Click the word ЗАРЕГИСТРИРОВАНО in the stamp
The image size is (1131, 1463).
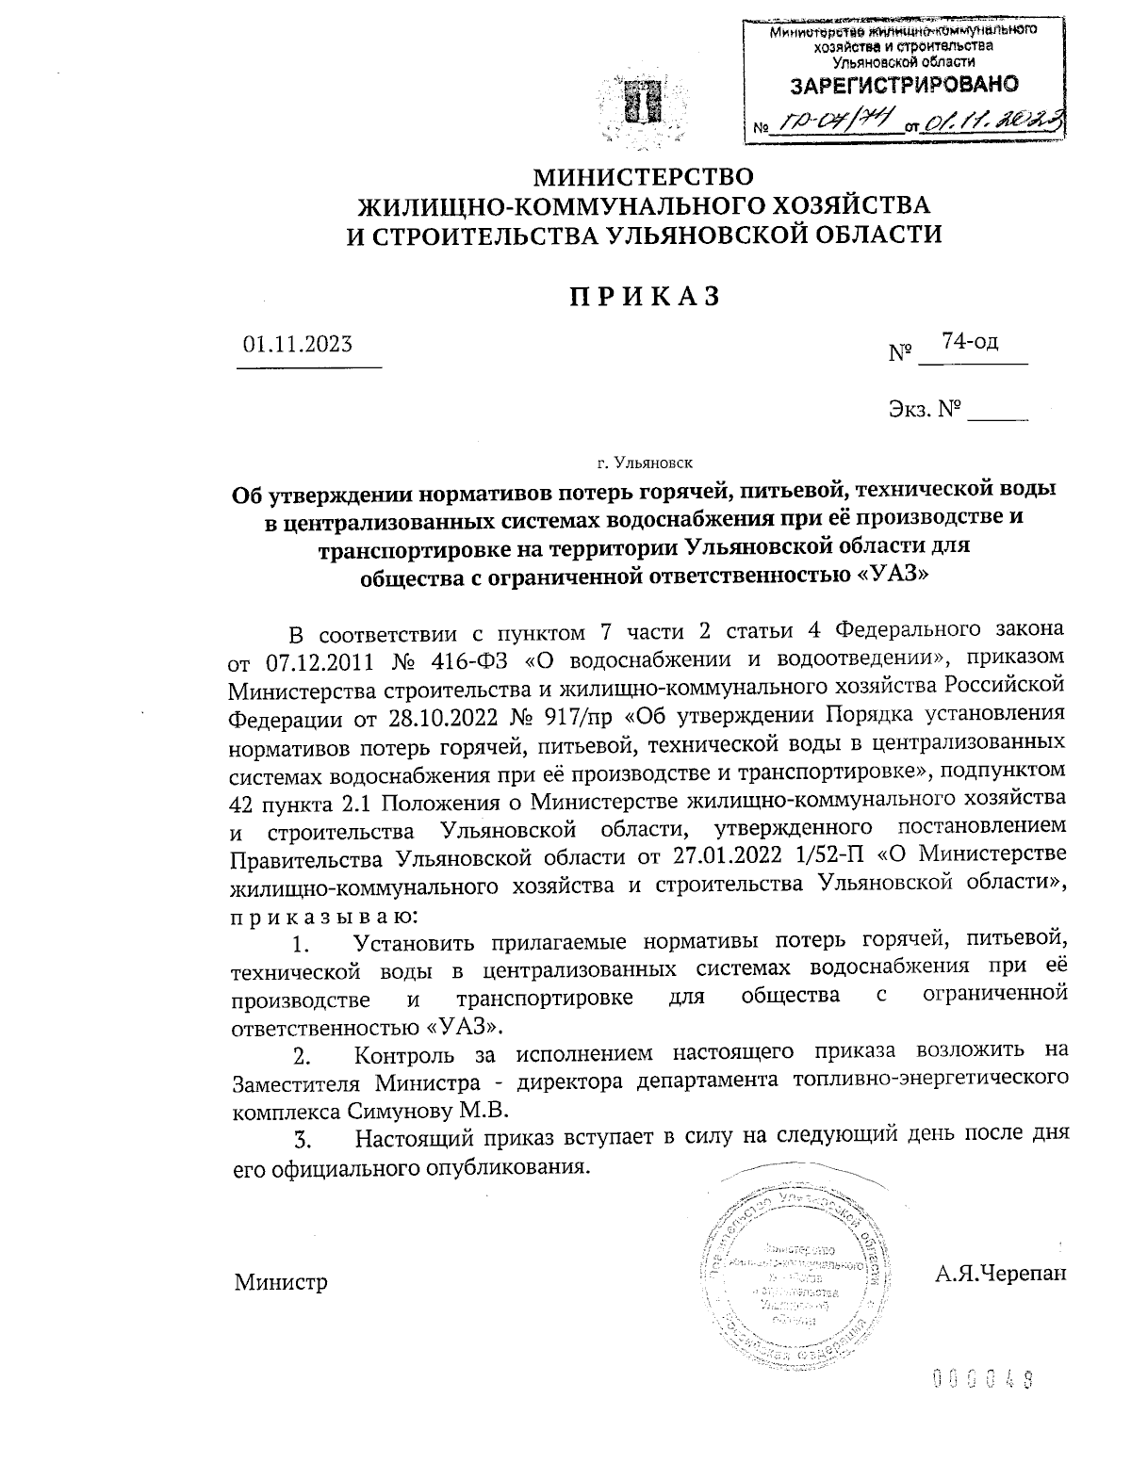point(904,85)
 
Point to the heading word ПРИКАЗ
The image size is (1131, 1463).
point(644,296)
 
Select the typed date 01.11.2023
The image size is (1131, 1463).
point(298,344)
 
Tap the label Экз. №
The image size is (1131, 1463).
point(924,410)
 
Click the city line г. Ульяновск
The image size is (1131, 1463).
point(644,463)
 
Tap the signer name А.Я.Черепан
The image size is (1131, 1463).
point(1001,1274)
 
